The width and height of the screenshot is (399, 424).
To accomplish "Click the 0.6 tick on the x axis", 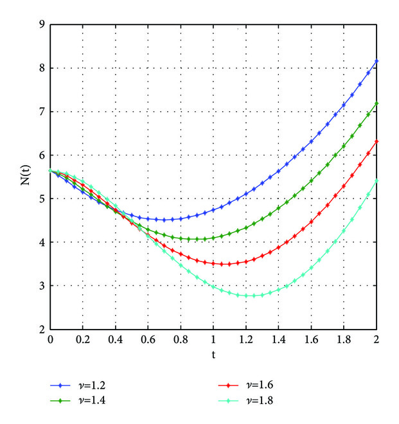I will tap(148, 339).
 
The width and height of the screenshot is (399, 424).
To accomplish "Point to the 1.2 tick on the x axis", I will tap(246, 339).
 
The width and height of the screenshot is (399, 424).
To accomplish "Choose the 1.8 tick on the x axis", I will tap(344, 339).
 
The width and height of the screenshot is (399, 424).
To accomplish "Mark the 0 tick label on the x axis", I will tap(50, 339).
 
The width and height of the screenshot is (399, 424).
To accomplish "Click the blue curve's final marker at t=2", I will tap(377, 61).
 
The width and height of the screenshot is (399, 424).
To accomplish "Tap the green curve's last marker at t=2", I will tap(377, 103).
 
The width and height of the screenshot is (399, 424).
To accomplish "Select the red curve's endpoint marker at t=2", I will tap(377, 141).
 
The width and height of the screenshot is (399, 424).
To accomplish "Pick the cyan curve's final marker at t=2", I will tap(377, 181).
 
